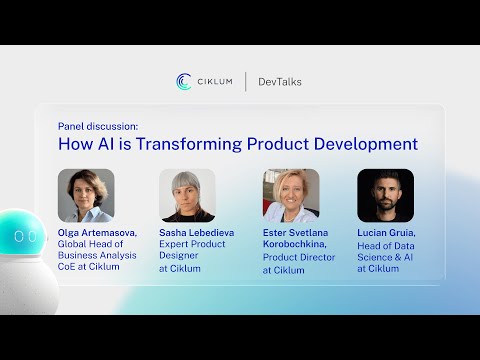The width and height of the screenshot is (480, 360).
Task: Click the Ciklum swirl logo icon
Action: [x=184, y=82]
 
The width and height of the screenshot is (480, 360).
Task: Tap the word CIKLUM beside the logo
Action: [x=214, y=82]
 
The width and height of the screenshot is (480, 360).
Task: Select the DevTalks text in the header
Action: [x=280, y=82]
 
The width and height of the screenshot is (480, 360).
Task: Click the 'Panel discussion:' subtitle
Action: [x=98, y=127]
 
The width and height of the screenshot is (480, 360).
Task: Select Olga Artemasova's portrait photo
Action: [x=86, y=195]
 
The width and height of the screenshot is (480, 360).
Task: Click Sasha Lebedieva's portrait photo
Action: [x=187, y=195]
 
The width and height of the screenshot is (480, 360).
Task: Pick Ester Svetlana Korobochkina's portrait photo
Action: [x=290, y=195]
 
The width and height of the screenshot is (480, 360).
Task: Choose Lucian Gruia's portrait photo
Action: [x=385, y=195]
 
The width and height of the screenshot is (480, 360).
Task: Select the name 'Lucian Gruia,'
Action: [x=386, y=232]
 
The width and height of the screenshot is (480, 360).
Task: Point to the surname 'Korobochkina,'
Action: [x=297, y=244]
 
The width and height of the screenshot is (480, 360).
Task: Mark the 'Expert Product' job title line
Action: [x=193, y=244]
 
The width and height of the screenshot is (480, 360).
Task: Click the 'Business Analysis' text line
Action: [x=99, y=257]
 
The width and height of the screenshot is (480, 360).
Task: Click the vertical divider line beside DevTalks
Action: [x=246, y=82]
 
